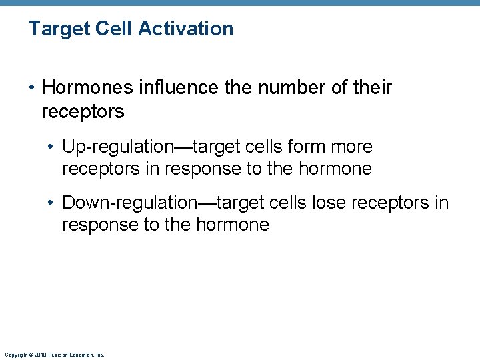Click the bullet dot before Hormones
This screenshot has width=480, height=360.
pos(32,88)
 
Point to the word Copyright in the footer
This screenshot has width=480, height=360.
pos(15,355)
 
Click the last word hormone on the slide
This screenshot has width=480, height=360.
pos(232,225)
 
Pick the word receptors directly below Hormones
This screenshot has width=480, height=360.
pos(83,111)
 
